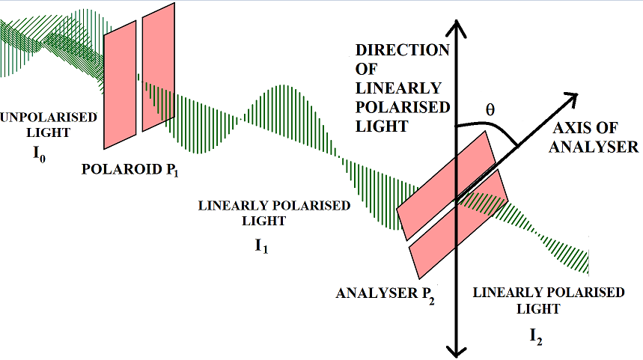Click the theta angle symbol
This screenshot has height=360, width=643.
tap(490, 109)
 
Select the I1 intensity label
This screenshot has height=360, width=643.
tap(261, 244)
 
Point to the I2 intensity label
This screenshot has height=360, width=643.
tap(536, 336)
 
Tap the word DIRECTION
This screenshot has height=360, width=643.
tap(403, 51)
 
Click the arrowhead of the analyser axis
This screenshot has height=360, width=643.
tap(573, 97)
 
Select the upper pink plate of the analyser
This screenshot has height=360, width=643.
tap(445, 187)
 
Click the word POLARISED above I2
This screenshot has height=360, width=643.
tap(587, 293)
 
